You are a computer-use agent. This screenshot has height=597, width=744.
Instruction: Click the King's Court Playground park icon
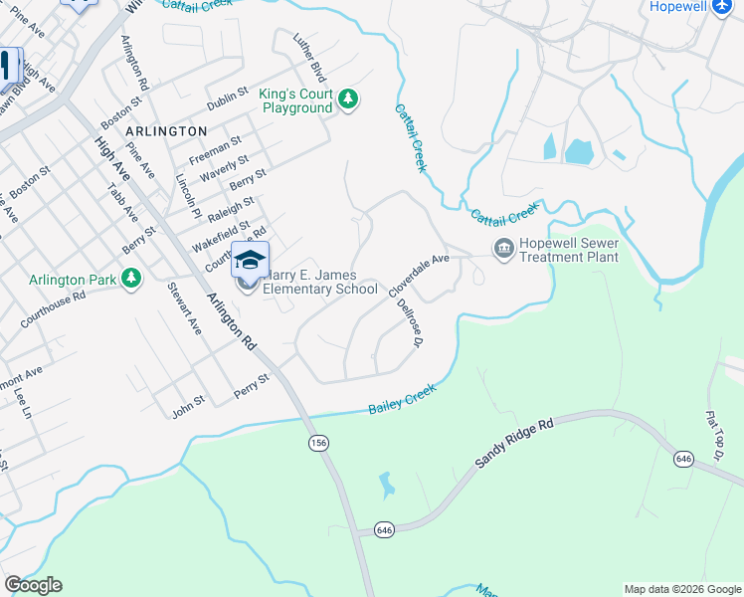pos(348,99)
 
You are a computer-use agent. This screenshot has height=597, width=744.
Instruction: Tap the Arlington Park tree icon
pos(131,278)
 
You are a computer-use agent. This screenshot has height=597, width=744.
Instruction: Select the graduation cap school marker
pos(250,261)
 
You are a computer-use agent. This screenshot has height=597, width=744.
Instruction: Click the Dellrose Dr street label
pos(411,324)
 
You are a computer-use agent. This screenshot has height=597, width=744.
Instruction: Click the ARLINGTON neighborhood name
pos(166,131)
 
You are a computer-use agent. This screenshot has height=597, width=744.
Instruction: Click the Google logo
pos(33,585)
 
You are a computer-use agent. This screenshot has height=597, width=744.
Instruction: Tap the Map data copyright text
pos(682,589)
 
